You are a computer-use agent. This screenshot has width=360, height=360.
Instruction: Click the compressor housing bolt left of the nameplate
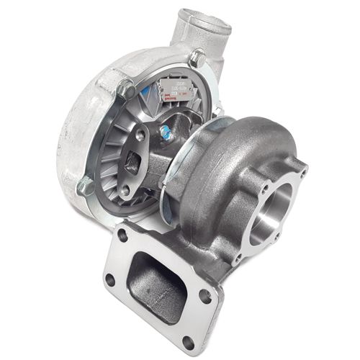pos(127,89)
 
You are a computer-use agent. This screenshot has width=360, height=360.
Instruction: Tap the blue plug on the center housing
pos(166,131)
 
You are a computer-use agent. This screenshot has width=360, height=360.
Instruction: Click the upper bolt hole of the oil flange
pos(140,135)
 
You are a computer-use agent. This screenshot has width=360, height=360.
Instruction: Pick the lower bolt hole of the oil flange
pos(125,189)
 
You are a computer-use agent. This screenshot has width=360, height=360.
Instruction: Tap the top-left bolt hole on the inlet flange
pos(123,235)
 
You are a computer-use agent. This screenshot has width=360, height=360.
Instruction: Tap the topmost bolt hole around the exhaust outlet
pos(303,174)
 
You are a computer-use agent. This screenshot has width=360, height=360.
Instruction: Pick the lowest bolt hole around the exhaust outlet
pos(238,256)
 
